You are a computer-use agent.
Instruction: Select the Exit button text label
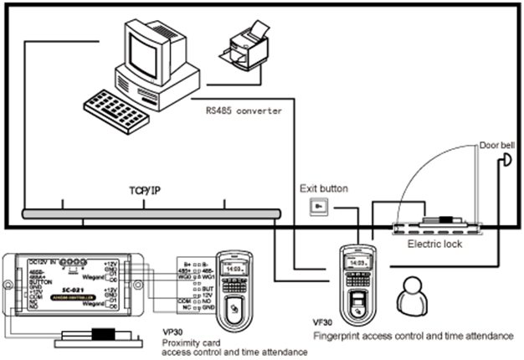[x=321, y=189]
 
